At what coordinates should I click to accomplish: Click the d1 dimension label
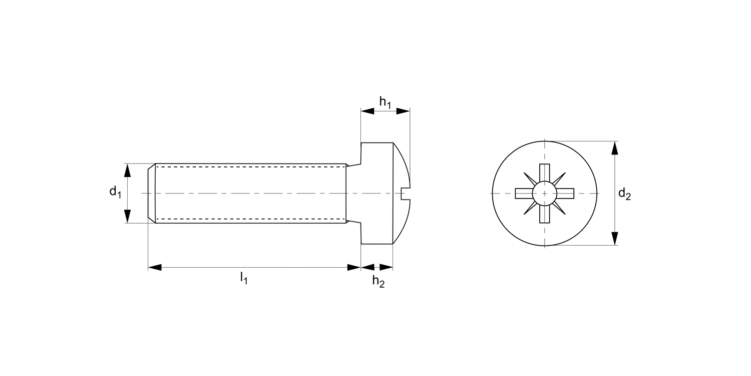(x=116, y=192)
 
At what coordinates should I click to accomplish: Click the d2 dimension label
(x=624, y=194)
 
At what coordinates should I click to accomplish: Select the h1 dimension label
(x=385, y=102)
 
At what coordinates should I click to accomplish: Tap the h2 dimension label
(x=379, y=281)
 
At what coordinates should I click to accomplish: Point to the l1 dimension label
(x=244, y=277)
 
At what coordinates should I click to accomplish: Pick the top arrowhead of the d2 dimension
(x=615, y=148)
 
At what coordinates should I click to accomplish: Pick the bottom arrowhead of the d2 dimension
(x=615, y=239)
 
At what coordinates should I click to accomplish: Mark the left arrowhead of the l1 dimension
(x=155, y=267)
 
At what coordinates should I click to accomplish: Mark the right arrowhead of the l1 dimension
(x=354, y=267)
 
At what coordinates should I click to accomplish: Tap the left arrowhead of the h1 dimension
(x=367, y=111)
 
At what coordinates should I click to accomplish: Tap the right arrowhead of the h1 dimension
(x=403, y=111)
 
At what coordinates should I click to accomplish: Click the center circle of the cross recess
(x=544, y=193)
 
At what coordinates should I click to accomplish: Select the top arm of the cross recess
(x=544, y=173)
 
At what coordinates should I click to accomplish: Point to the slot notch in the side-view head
(x=406, y=193)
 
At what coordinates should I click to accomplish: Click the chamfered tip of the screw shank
(x=152, y=193)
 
